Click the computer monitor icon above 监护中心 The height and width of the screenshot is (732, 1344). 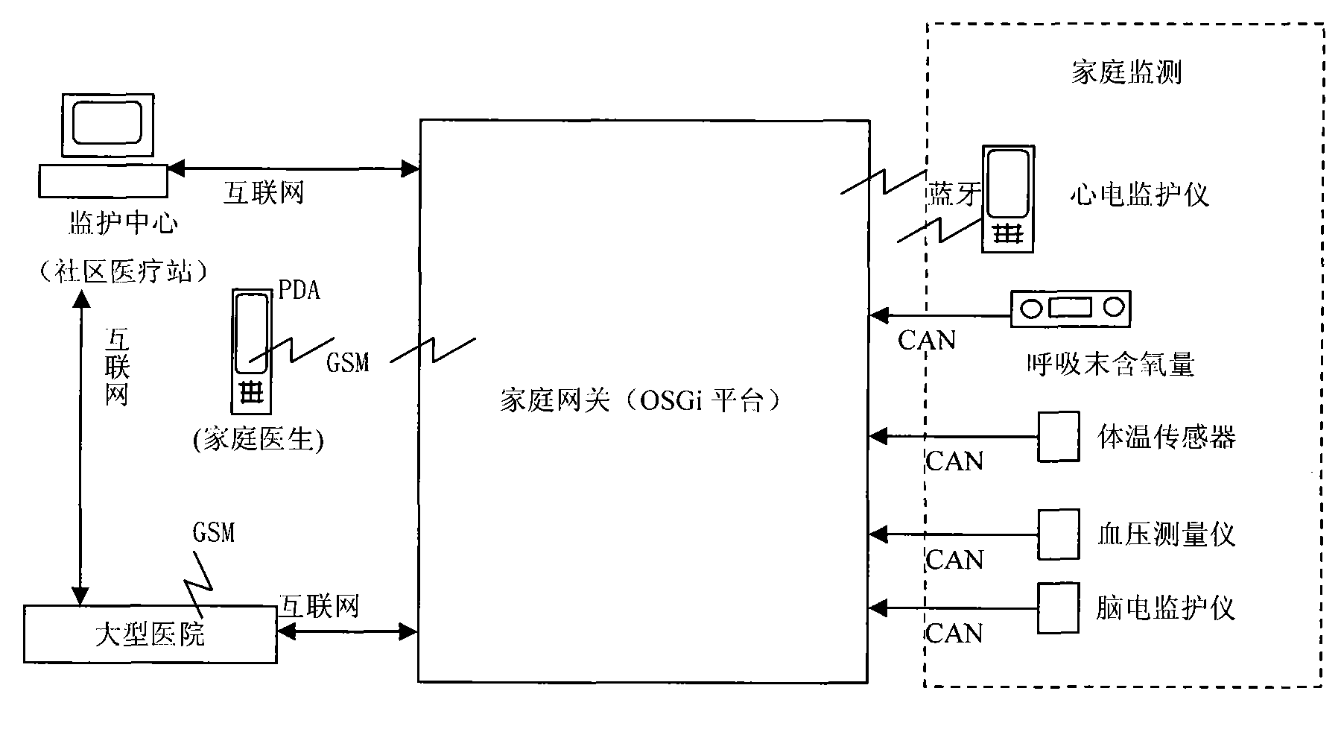point(107,125)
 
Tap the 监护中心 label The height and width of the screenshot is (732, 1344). point(123,223)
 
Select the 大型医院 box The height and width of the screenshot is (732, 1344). point(150,634)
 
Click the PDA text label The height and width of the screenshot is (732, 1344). point(299,290)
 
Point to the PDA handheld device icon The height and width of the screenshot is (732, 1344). point(251,351)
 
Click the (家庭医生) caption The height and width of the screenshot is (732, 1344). point(258,441)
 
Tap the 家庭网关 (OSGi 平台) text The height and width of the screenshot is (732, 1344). point(641,401)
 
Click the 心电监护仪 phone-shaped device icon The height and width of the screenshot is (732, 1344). point(1008,199)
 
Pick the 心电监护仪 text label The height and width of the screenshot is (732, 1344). point(1139,195)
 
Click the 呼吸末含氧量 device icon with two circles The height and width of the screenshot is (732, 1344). point(1070,309)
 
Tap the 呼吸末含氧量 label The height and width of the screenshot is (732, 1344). point(1111,365)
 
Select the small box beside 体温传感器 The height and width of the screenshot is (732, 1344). point(1059,437)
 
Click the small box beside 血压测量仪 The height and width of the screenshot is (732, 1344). point(1059,534)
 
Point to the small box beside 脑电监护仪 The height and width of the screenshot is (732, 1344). point(1059,608)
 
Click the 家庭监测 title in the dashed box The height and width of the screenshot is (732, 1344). point(1126,73)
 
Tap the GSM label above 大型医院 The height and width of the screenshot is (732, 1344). point(214,532)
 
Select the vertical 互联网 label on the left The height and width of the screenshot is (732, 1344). point(117,367)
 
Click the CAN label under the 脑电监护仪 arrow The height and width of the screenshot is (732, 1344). point(954,634)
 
